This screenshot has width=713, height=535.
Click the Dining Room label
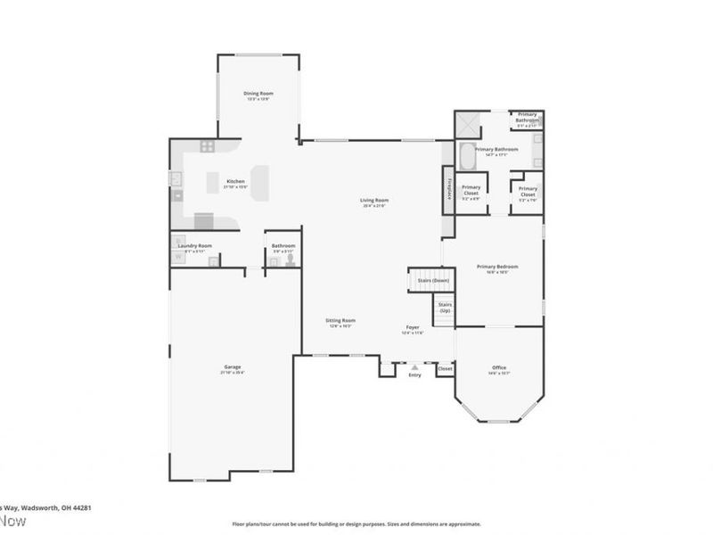258,93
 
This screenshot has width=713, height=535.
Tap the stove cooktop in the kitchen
207,146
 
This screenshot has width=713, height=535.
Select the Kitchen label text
235,181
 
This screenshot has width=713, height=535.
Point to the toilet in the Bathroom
290,259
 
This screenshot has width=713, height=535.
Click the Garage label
233,366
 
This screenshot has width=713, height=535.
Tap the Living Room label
373,201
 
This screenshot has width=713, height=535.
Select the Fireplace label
447,190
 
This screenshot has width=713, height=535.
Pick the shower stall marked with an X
468,124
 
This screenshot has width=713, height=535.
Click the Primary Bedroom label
496,267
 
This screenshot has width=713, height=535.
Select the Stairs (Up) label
445,308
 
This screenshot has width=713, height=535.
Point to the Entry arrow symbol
414,366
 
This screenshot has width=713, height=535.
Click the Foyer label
413,328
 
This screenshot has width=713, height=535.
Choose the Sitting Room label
340,320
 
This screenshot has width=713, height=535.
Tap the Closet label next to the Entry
445,367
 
